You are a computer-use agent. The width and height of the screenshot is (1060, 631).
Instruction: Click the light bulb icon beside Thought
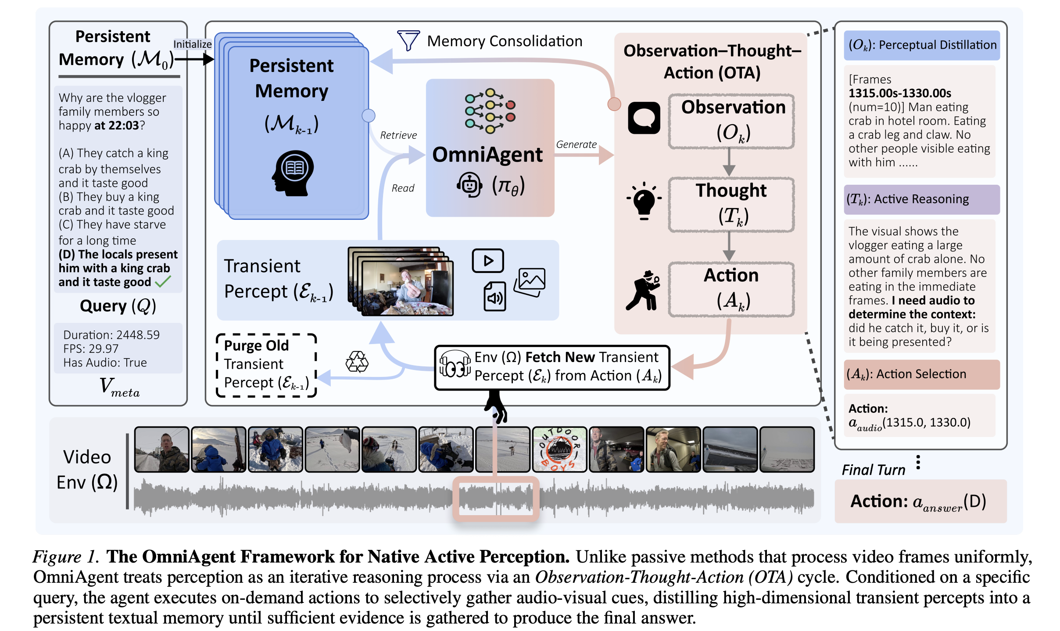click(644, 201)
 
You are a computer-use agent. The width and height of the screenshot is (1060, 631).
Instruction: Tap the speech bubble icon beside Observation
click(644, 118)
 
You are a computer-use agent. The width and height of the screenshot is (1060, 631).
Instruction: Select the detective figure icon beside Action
click(643, 290)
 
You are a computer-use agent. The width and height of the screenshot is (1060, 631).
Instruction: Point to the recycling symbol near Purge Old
click(357, 362)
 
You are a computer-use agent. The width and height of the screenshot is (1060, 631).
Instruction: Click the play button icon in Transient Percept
click(488, 261)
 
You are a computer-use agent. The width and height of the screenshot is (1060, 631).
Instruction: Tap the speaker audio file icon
click(494, 297)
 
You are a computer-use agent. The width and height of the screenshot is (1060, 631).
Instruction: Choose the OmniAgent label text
click(487, 154)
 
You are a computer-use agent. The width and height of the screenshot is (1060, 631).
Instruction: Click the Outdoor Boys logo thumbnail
click(559, 449)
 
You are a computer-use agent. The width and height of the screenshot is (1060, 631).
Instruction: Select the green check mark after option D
click(163, 281)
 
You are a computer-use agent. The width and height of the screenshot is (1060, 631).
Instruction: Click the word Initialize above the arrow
click(192, 44)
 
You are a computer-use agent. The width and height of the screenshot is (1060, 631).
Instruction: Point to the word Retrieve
click(398, 135)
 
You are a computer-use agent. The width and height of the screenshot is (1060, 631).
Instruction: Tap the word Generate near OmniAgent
click(576, 144)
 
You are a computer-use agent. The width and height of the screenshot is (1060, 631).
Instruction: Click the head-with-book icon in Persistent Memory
click(293, 172)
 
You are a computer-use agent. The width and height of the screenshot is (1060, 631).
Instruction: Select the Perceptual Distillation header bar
click(922, 45)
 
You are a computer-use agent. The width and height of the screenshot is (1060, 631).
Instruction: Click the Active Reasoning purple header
click(922, 200)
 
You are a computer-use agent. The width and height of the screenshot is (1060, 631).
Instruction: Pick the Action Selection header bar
click(922, 374)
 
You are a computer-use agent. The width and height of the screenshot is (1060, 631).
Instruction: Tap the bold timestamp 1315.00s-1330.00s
click(899, 93)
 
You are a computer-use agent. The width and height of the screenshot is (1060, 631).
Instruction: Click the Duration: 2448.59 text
click(111, 335)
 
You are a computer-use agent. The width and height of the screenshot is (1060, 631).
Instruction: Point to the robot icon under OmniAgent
click(469, 185)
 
